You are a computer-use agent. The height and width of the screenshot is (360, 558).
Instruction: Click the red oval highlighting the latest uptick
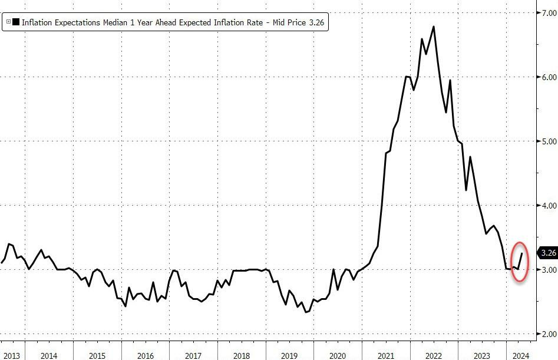tap(519, 262)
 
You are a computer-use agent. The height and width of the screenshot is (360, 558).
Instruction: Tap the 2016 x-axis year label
tap(146, 355)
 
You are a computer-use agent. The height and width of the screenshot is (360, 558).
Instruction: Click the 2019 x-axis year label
tap(289, 355)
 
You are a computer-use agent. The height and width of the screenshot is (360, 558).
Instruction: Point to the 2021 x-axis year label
tap(385, 355)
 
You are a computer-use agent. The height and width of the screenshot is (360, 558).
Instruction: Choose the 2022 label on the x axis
tap(433, 355)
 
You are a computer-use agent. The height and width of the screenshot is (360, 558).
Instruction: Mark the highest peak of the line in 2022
tap(434, 27)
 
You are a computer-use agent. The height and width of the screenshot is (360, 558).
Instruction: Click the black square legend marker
tap(16, 23)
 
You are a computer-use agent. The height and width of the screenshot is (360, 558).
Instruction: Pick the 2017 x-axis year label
tap(193, 355)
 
